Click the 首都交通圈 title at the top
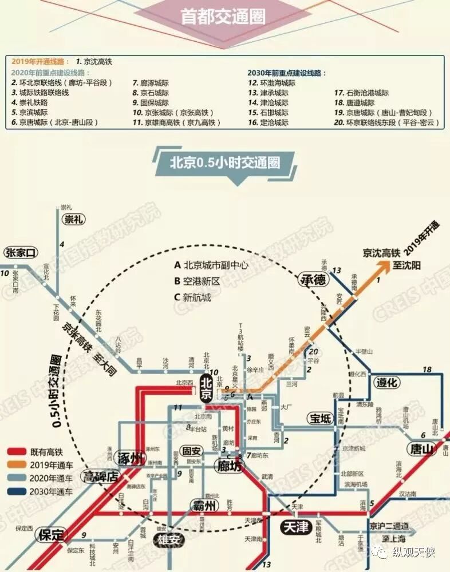(223, 17)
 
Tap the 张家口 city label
(21, 252)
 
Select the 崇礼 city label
(74, 220)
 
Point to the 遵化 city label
(387, 383)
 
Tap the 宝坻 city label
(321, 419)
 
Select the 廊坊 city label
(229, 466)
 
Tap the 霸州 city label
(205, 506)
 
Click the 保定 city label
(51, 535)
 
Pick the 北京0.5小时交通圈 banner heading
(224, 162)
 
